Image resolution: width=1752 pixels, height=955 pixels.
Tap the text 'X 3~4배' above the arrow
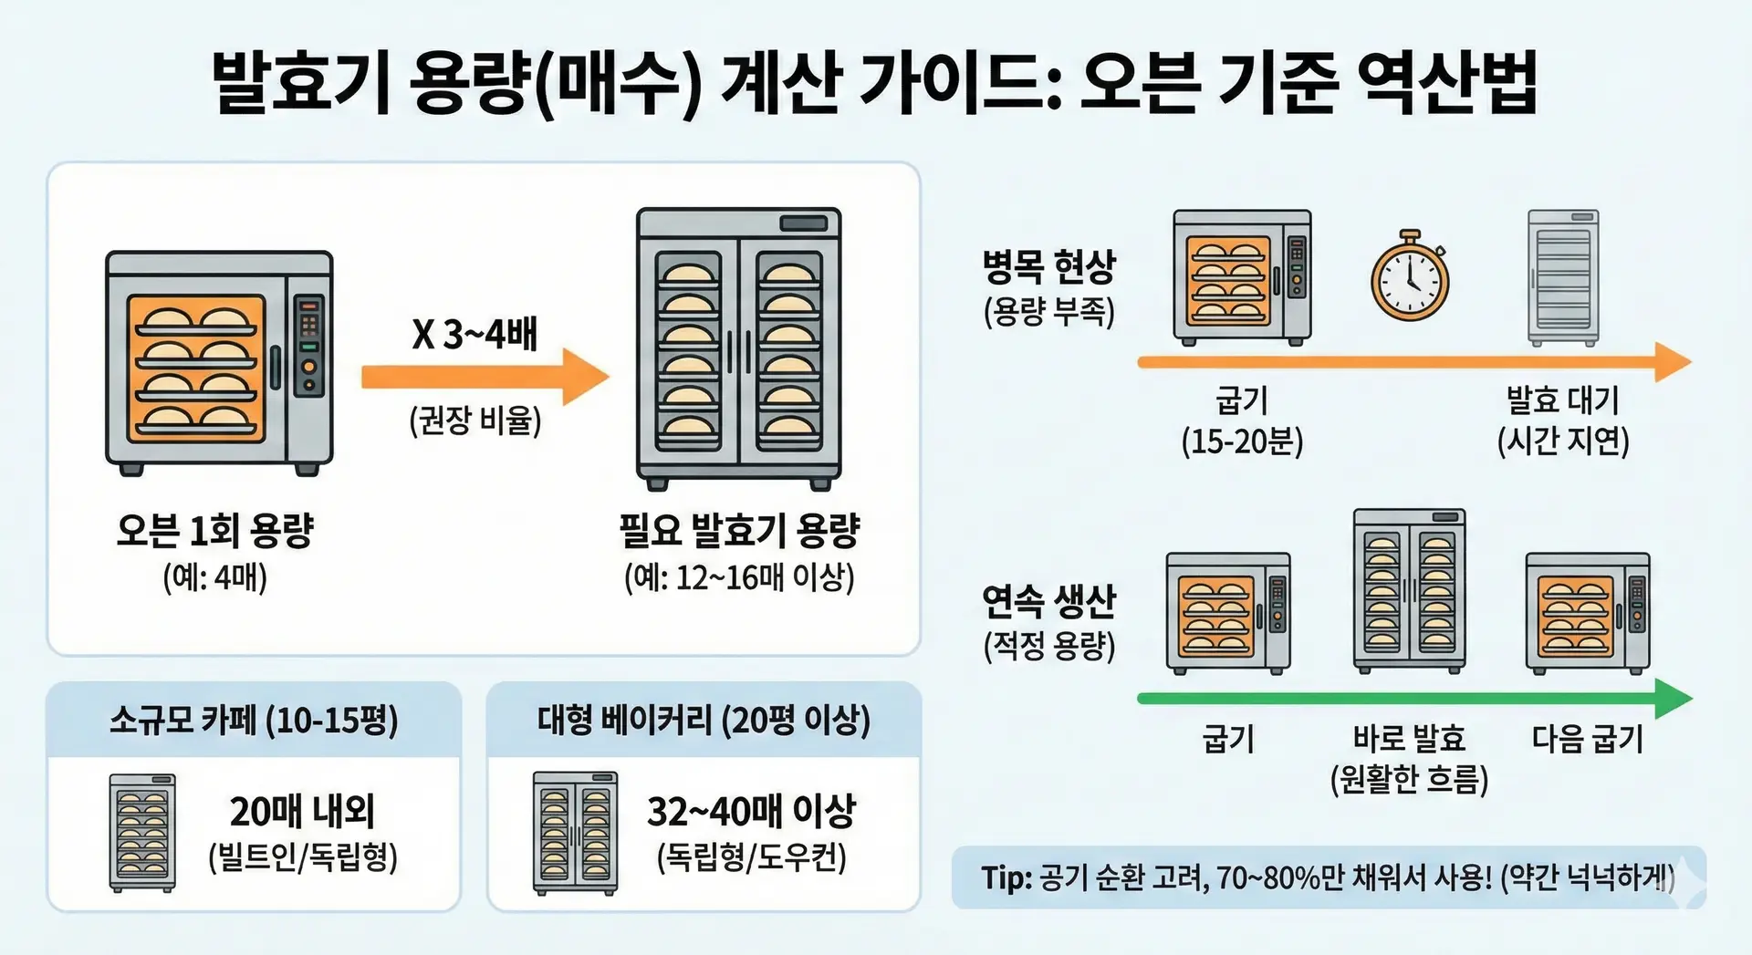coord(474,334)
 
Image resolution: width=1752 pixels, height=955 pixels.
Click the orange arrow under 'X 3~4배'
coord(484,377)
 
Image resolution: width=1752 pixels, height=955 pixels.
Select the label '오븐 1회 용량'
coord(215,530)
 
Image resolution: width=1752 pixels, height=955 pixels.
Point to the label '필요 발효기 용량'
coord(739,530)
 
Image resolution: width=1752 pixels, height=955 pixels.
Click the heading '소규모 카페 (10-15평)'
coord(254,721)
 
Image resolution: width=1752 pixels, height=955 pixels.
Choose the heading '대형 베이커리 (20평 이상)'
coord(704,721)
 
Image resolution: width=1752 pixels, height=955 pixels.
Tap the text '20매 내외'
coord(302,811)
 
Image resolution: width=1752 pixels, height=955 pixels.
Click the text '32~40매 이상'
coord(751,811)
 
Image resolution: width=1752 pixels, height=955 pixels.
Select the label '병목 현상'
coord(1048,266)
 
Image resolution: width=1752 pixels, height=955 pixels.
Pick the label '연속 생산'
coord(1048,600)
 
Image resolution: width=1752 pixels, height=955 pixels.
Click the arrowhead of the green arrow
coord(1674,699)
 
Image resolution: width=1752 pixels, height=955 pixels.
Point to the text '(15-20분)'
coord(1242,442)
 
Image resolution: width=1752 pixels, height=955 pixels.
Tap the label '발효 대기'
coord(1562,400)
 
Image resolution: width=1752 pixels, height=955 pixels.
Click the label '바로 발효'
coord(1409,738)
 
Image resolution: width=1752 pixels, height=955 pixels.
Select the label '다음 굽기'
coord(1588,738)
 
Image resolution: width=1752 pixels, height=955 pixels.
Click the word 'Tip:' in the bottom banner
coord(1006,878)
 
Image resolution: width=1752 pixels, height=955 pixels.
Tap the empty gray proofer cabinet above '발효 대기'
coord(1563,278)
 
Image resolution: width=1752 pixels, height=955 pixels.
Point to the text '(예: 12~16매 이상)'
coord(739,577)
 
